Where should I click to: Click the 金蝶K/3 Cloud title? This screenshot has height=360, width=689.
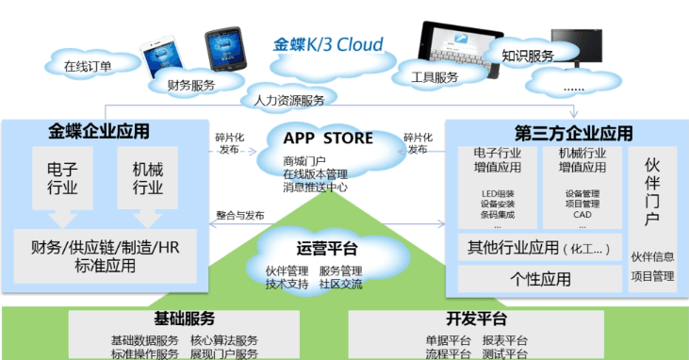[328, 44]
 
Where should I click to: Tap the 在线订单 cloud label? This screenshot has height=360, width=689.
[88, 65]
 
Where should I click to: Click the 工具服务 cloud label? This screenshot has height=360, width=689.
[435, 76]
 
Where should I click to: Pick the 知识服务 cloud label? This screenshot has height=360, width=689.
[527, 56]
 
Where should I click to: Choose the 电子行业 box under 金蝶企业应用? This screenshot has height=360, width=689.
[63, 177]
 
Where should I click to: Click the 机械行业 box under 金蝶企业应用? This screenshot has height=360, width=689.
[147, 177]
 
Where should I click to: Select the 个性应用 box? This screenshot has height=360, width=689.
[540, 279]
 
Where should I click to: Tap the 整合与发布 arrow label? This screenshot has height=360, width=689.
[240, 214]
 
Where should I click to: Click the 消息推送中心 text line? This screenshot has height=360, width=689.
[315, 187]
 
